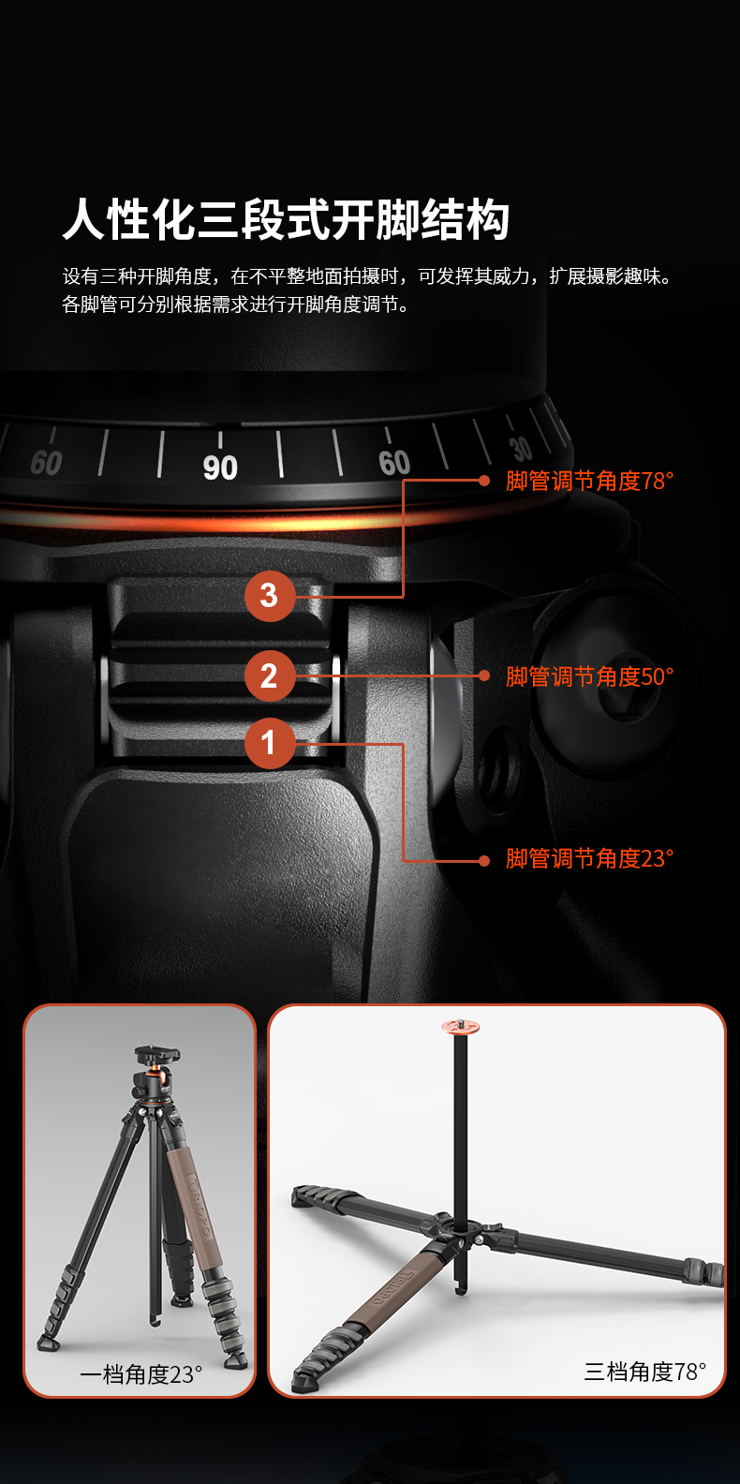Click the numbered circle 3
(x=269, y=596)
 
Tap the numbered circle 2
(x=269, y=675)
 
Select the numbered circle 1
(x=269, y=743)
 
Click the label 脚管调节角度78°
(x=589, y=481)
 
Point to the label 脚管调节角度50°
(x=589, y=676)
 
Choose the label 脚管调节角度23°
(x=589, y=858)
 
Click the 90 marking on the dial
(x=220, y=467)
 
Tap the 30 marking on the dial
(x=522, y=449)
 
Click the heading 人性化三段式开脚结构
(x=287, y=219)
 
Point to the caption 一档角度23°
(x=141, y=1374)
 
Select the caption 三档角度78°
(x=644, y=1372)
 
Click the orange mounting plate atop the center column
(x=462, y=1027)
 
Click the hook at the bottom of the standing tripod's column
(x=155, y=1320)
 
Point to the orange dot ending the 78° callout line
(x=484, y=481)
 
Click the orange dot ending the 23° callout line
(x=484, y=861)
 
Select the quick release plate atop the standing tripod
(x=157, y=1053)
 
